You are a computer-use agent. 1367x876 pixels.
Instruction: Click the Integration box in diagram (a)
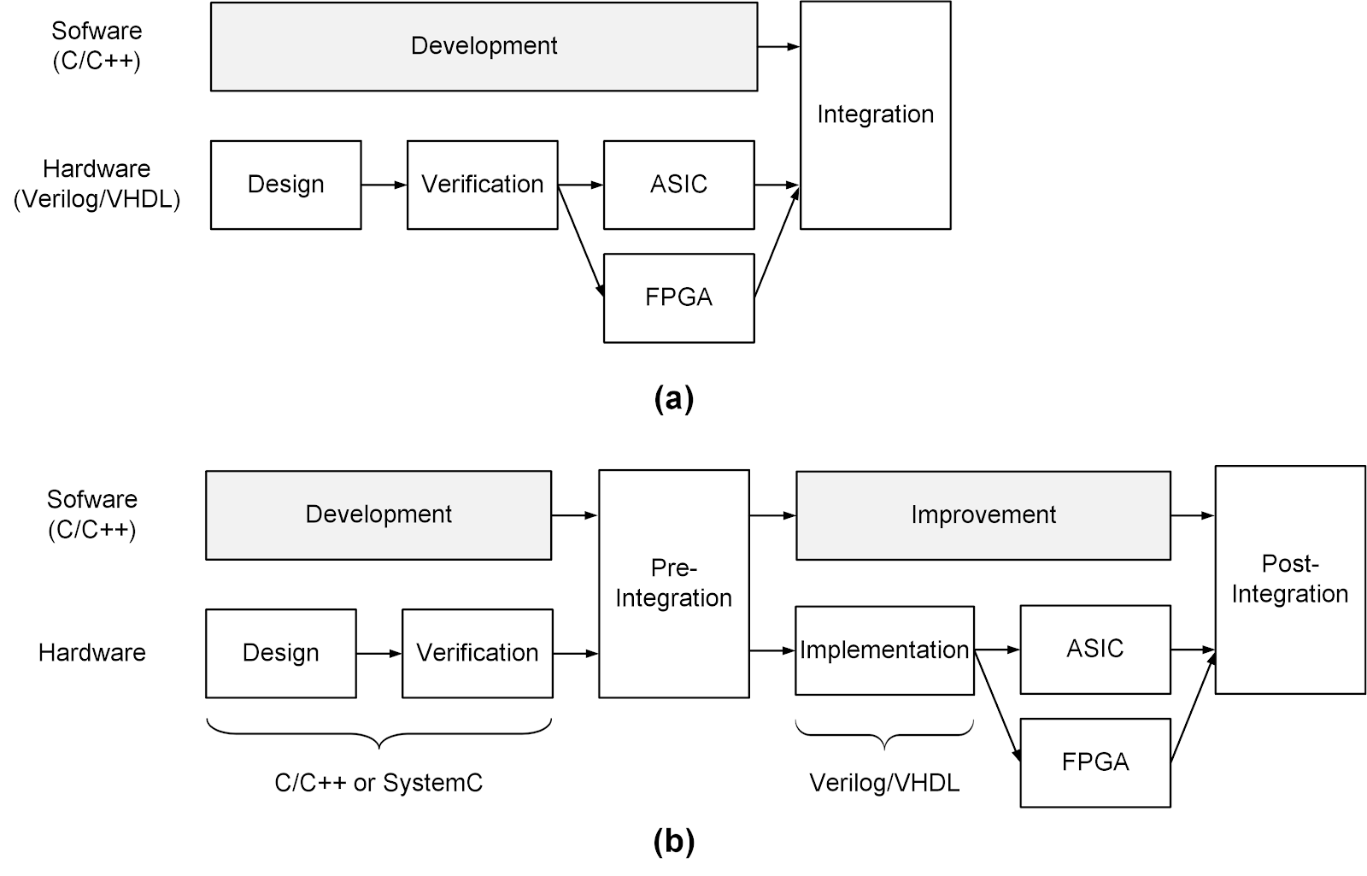[x=875, y=115]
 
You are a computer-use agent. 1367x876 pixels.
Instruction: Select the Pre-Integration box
[x=673, y=584]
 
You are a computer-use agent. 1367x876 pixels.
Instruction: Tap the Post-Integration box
[x=1289, y=579]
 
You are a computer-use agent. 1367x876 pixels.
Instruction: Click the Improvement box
[x=983, y=515]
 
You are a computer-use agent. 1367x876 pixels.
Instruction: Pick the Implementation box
[x=884, y=650]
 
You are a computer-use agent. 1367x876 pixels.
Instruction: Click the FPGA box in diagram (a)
[x=678, y=297]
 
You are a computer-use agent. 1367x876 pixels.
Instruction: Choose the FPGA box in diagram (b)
[x=1094, y=762]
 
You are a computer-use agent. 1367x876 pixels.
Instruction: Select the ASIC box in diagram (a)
[x=678, y=185]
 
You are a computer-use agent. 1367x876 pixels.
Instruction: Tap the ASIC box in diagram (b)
[x=1094, y=650]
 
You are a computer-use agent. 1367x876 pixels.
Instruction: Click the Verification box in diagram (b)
[x=477, y=653]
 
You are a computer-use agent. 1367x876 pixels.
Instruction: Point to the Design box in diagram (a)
[x=285, y=185]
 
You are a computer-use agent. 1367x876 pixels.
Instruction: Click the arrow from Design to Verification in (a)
[x=384, y=185]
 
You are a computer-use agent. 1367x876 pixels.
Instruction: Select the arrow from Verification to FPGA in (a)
[x=581, y=241]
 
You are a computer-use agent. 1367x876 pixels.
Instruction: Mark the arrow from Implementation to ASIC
[x=997, y=650]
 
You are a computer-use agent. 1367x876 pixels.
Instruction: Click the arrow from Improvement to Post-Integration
[x=1193, y=515]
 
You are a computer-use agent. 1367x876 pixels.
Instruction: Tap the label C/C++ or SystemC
[x=378, y=783]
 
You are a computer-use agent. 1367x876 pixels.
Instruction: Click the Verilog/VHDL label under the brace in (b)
[x=884, y=783]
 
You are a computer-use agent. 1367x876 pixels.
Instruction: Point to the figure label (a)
[x=673, y=399]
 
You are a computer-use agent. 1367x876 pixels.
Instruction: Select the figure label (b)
[x=673, y=843]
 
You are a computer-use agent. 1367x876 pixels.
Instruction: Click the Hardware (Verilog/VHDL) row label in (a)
[x=97, y=185]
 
